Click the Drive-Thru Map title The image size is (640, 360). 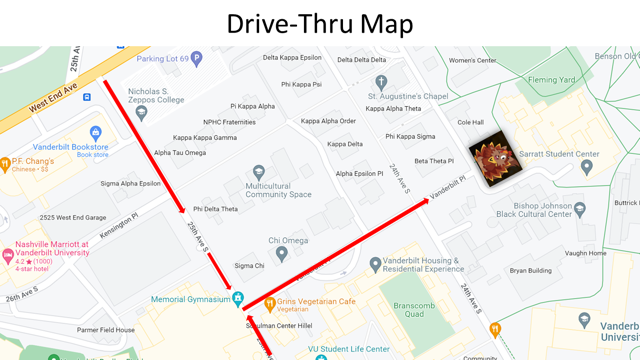click(320, 23)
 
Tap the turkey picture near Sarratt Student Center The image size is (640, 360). click(495, 161)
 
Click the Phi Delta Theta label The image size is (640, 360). click(215, 209)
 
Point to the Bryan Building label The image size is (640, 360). click(530, 270)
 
